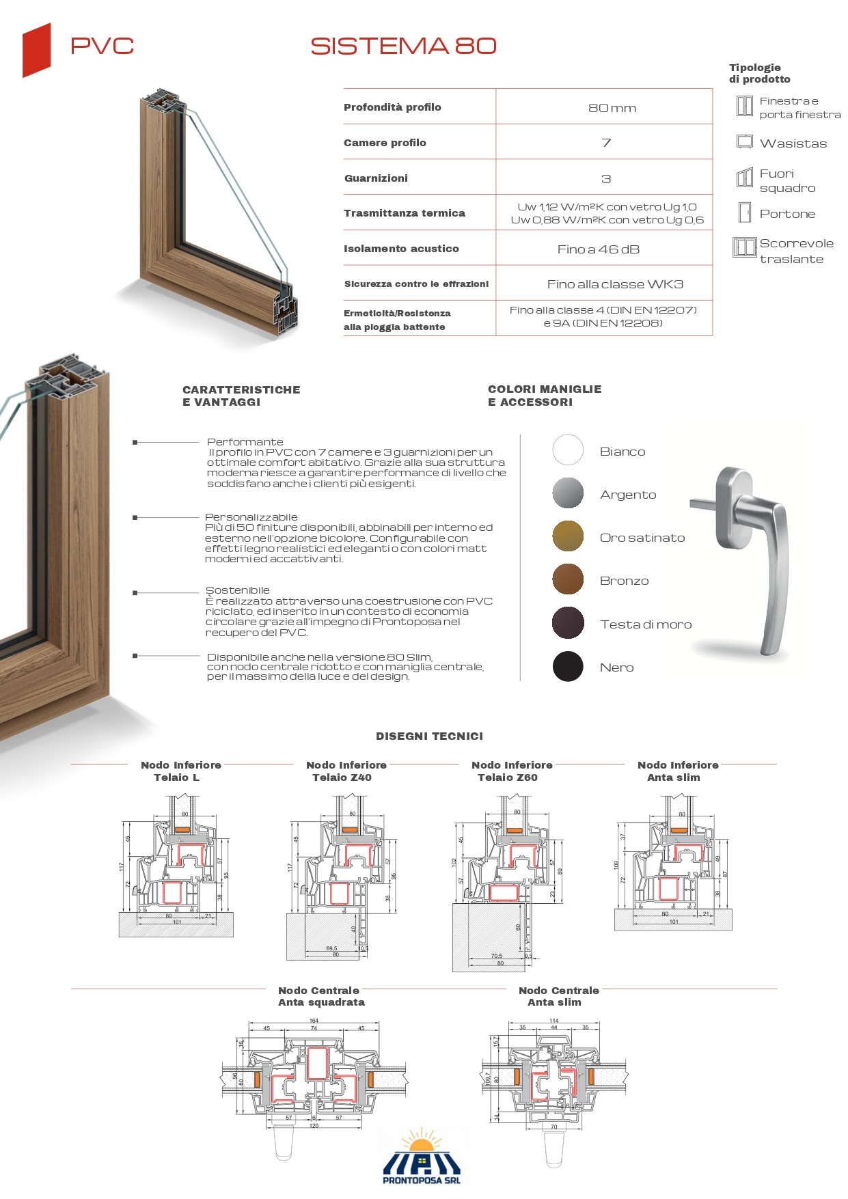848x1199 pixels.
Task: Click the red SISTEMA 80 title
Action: pos(403,46)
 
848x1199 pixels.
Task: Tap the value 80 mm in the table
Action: pos(612,108)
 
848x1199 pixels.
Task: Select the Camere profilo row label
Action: pos(385,143)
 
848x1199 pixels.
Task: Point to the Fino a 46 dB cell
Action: pos(598,249)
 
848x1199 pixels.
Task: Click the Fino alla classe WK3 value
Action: pos(614,284)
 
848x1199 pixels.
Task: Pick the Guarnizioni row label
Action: pos(376,178)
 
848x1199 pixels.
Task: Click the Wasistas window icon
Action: pos(744,142)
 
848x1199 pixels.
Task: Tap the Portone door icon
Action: pos(745,212)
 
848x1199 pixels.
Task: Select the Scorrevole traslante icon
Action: pos(744,247)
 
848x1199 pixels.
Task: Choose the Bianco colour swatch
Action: pos(568,450)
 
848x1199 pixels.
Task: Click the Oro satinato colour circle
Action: pos(568,536)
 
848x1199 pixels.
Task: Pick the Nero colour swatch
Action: pos(568,666)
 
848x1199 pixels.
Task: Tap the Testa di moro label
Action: pos(646,624)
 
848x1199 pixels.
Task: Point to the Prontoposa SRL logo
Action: pos(422,1158)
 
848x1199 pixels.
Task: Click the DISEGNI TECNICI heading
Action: pos(429,736)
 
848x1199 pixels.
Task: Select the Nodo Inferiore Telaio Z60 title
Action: pos(512,771)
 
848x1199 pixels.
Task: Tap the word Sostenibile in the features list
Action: pos(238,590)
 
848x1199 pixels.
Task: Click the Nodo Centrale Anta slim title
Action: pos(558,996)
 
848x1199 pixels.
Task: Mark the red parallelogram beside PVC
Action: pos(37,50)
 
